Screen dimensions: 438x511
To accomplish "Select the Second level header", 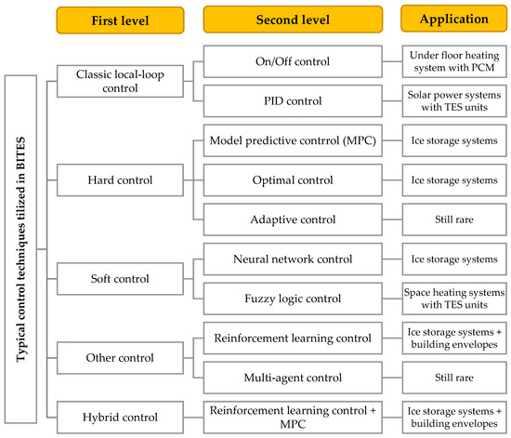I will point(291,19).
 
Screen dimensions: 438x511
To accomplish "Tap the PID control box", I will point(291,100).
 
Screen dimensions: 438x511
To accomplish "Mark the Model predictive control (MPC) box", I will point(291,139).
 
